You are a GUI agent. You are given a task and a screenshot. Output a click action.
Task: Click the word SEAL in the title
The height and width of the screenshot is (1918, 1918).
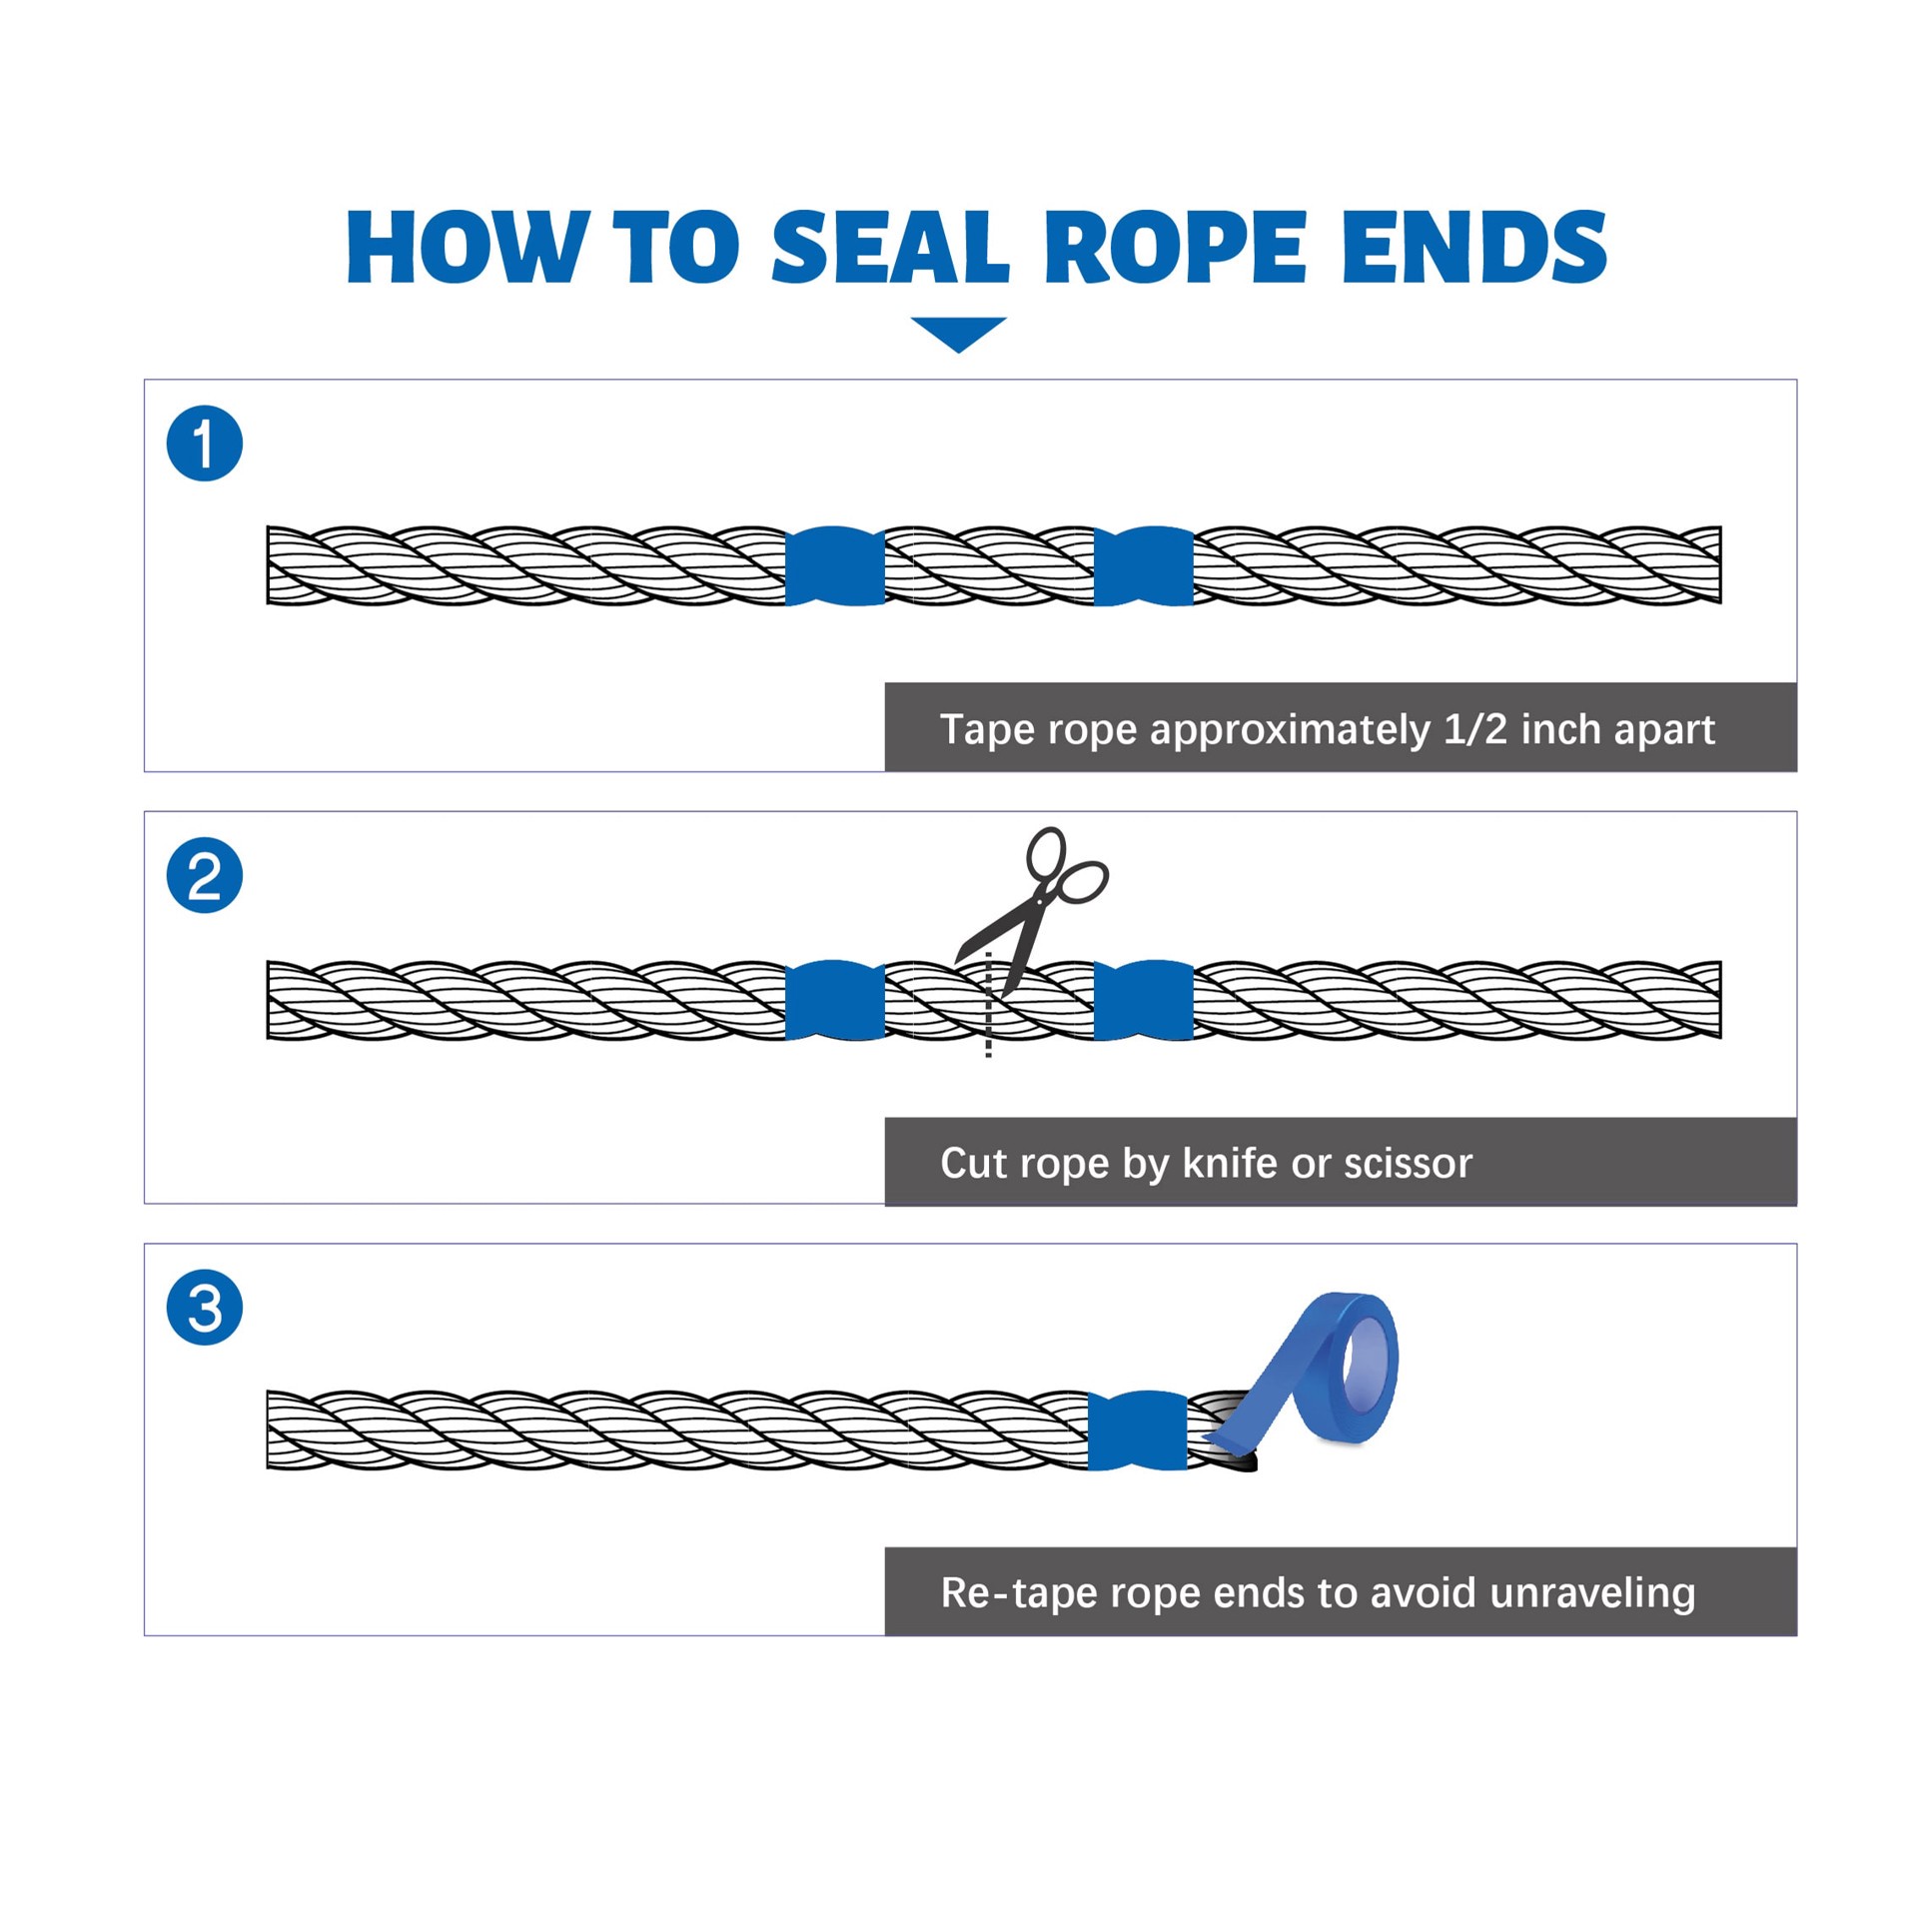(890, 247)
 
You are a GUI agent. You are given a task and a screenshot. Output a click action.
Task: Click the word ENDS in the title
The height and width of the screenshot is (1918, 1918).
(1474, 247)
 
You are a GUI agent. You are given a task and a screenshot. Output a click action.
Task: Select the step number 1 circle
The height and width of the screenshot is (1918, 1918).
(205, 444)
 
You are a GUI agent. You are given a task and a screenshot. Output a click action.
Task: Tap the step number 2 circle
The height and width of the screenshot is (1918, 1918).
(205, 876)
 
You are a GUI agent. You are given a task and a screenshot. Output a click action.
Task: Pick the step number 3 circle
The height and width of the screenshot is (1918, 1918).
(205, 1308)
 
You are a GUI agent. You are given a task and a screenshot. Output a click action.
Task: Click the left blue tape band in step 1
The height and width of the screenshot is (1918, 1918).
(835, 565)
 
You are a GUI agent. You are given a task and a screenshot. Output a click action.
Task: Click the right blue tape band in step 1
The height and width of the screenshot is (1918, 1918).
(1144, 565)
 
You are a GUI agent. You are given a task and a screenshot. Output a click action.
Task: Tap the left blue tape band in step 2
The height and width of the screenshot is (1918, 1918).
(835, 1000)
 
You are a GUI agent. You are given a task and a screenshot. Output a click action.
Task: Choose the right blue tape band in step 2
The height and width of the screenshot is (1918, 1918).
(1144, 1000)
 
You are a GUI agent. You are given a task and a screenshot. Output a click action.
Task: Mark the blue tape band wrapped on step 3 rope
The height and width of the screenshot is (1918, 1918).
(1137, 1430)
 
